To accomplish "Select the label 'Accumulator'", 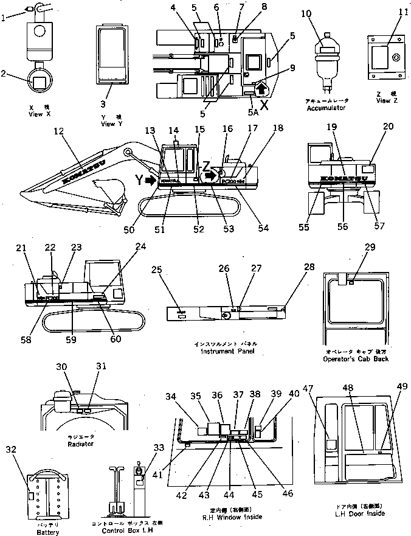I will point(326,108).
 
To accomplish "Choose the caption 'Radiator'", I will point(81,444).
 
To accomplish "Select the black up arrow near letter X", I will point(261,89).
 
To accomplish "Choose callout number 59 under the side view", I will point(71,339).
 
